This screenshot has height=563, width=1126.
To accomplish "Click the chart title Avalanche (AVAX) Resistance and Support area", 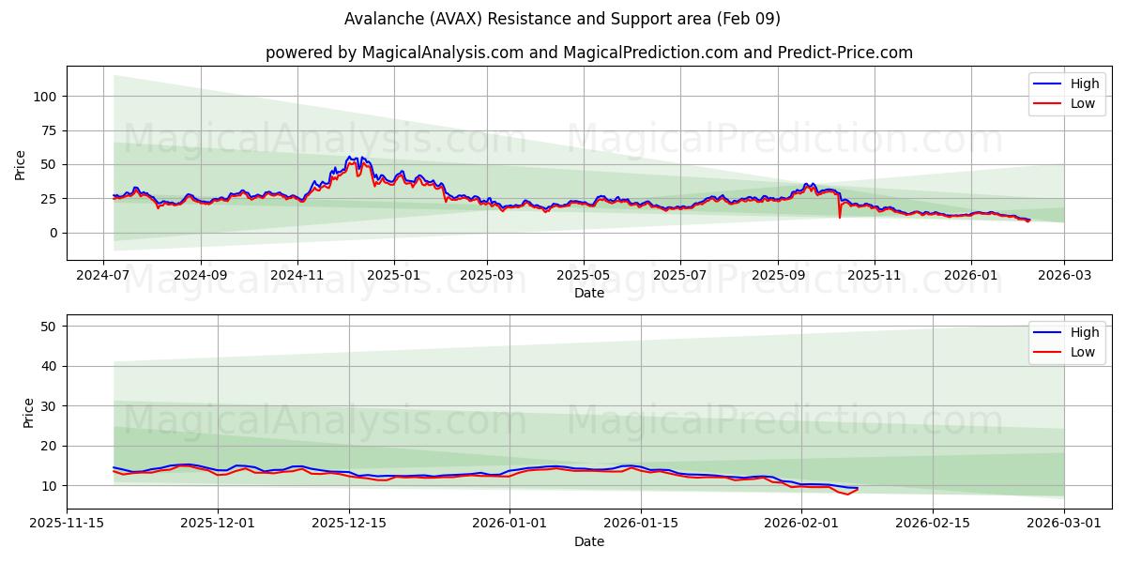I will [x=562, y=19].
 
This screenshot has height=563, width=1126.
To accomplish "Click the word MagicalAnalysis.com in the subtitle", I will [x=442, y=53].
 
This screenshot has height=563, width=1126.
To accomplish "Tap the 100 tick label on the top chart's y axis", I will [x=45, y=96].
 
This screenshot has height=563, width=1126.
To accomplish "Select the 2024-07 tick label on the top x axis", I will [x=104, y=277].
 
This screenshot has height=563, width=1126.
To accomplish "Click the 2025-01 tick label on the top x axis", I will [x=394, y=277].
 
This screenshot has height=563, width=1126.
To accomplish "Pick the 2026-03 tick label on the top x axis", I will [x=1064, y=277].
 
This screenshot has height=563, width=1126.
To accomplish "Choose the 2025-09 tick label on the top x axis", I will [x=778, y=277].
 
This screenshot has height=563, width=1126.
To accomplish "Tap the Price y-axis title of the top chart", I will [x=21, y=163].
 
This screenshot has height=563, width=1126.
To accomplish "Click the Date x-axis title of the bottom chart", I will [x=588, y=541].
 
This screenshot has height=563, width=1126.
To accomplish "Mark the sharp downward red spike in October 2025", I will [x=840, y=218].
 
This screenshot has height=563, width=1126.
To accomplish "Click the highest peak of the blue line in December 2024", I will [x=349, y=157].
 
